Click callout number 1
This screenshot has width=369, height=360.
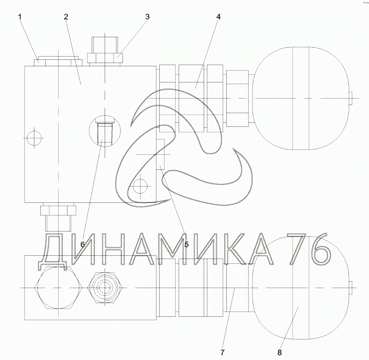point(20,17)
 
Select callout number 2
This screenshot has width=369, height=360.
point(66,17)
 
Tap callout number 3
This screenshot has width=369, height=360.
point(148,17)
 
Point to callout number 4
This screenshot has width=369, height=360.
point(219,17)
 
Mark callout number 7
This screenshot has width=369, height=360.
point(222,352)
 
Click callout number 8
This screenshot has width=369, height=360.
point(280,352)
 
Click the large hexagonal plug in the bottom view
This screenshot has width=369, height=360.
point(58,288)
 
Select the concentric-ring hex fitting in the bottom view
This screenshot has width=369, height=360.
point(104,288)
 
